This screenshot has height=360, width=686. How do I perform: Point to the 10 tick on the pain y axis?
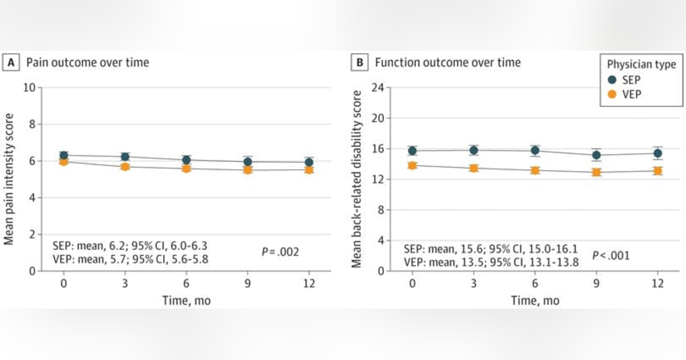(x=29, y=87)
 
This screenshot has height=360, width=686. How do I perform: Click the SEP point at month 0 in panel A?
(x=64, y=155)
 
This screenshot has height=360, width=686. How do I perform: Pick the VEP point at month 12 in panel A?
(x=309, y=169)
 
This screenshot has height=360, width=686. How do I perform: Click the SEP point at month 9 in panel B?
(x=596, y=155)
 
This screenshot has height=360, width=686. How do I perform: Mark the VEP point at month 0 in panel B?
(x=412, y=165)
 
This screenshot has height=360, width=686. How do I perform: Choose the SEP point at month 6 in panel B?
(x=535, y=151)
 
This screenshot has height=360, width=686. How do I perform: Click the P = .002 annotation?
(x=280, y=251)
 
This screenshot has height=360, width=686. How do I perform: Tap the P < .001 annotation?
(x=611, y=255)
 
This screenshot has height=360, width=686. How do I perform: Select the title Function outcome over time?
(x=448, y=63)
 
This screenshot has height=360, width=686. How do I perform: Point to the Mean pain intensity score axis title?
(x=10, y=179)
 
